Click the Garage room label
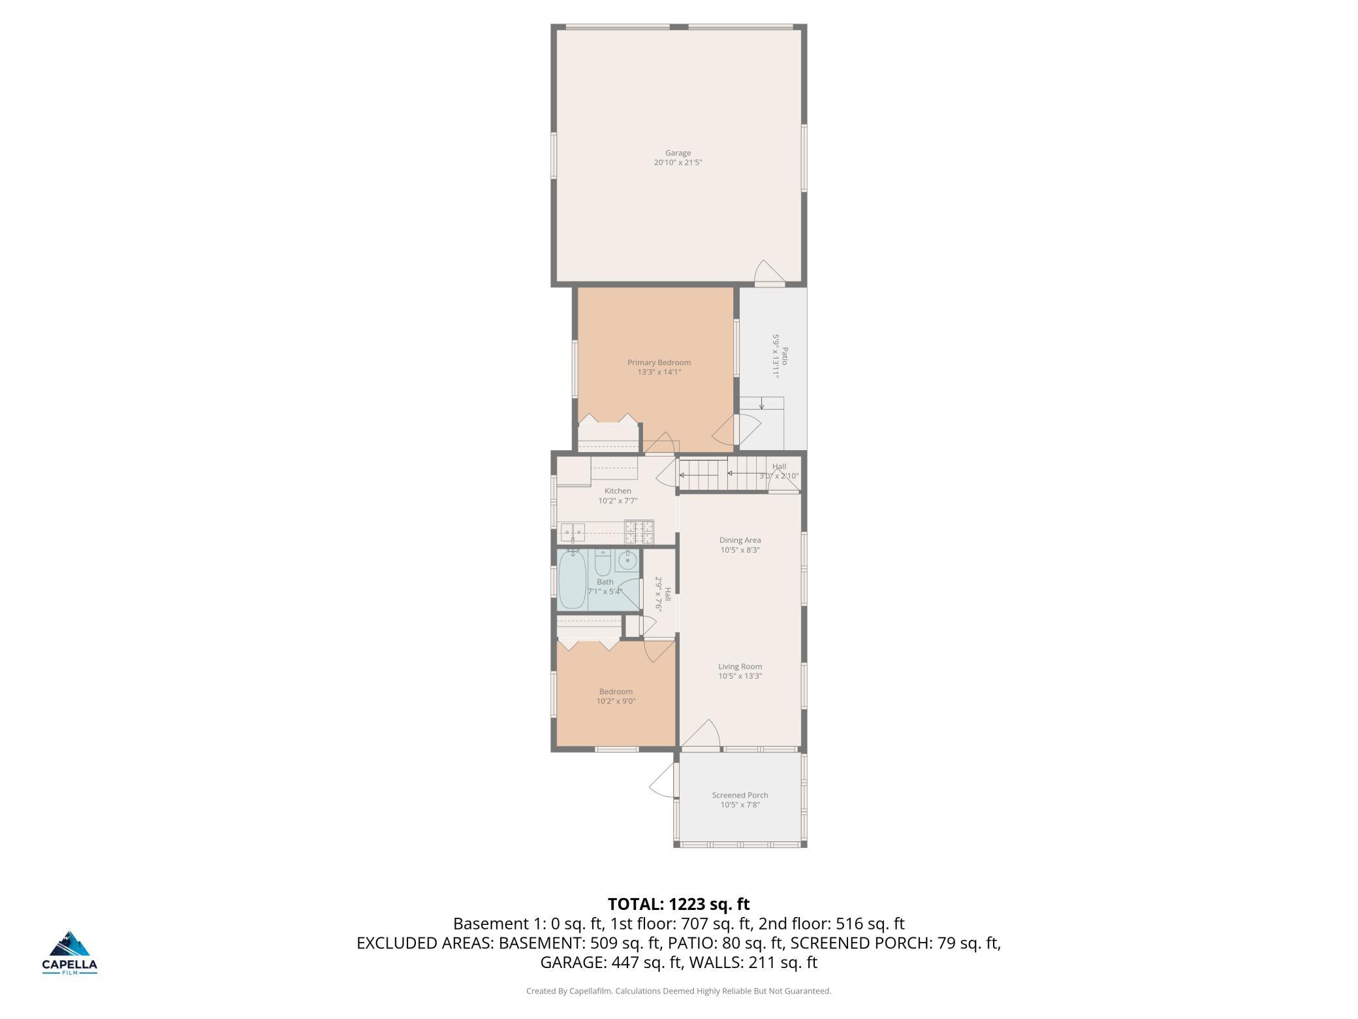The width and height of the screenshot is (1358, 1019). [x=678, y=153]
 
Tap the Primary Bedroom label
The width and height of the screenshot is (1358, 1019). [x=659, y=363]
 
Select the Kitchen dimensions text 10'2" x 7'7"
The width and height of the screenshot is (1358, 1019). [x=618, y=501]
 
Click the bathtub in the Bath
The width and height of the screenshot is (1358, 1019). [x=573, y=579]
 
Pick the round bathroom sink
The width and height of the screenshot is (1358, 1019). [x=629, y=560]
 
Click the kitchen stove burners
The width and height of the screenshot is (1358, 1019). [x=639, y=531]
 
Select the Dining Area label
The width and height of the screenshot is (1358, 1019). [x=740, y=540]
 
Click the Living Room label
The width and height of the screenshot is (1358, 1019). [x=740, y=666]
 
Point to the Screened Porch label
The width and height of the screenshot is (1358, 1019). [x=740, y=795]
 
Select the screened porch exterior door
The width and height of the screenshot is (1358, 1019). [x=662, y=779]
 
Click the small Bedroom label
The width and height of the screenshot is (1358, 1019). [x=616, y=692]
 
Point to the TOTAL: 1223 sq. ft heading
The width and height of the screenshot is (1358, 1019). [x=678, y=904]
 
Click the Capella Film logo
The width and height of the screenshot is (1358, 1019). [x=69, y=952]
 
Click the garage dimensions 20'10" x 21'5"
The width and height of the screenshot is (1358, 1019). [x=678, y=163]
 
